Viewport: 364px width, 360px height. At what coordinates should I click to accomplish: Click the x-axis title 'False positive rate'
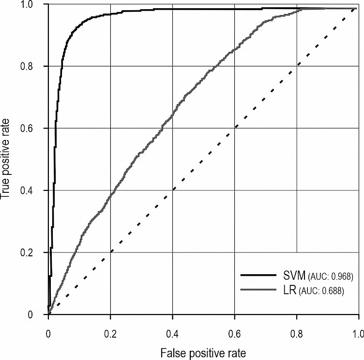tap(203, 351)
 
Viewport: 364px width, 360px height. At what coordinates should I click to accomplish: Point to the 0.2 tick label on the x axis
tap(110, 334)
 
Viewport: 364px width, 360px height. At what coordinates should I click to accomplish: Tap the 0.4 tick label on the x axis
tap(172, 334)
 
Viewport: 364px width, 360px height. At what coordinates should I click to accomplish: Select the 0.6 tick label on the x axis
tap(234, 334)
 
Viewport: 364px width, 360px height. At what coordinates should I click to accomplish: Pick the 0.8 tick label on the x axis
tap(296, 334)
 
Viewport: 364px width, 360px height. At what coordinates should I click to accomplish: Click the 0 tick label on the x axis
tap(48, 334)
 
